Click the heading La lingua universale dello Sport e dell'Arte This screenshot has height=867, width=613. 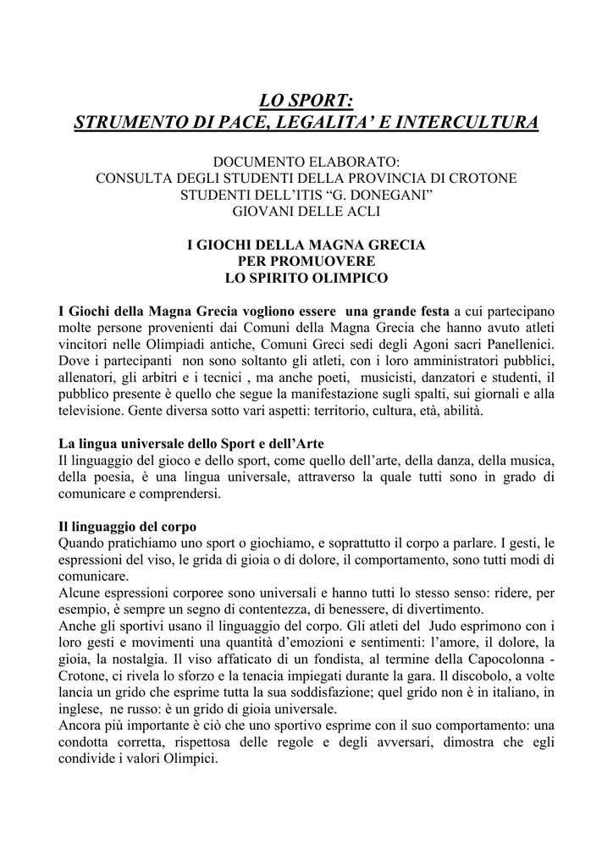(x=191, y=444)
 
